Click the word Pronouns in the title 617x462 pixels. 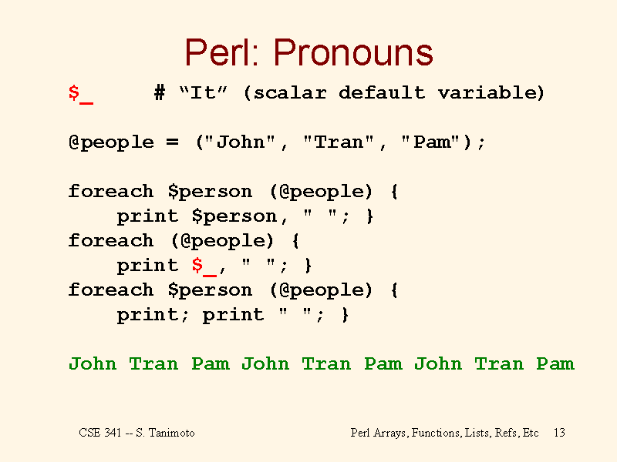click(353, 52)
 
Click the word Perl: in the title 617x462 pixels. click(222, 52)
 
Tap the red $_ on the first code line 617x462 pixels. click(81, 94)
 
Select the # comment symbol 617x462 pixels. click(160, 93)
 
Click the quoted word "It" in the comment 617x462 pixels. click(203, 92)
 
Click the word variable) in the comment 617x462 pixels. click(491, 93)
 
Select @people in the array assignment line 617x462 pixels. click(111, 142)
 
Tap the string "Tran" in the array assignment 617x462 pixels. click(339, 142)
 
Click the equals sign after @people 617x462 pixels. click(172, 142)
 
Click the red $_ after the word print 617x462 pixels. click(204, 266)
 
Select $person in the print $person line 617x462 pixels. click(234, 217)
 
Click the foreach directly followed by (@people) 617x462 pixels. click(111, 240)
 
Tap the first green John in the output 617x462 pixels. click(93, 363)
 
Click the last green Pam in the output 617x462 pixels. click(555, 363)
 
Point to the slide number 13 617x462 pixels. click(559, 433)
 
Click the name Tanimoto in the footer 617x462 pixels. click(171, 433)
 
